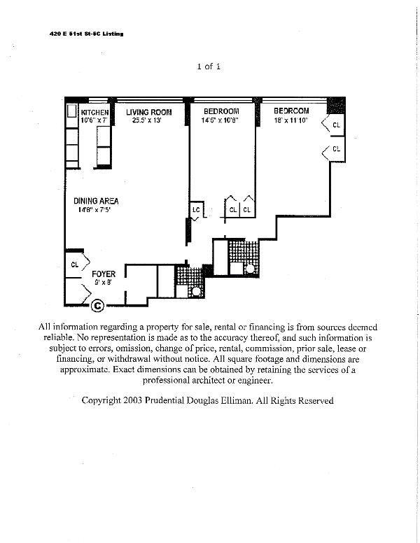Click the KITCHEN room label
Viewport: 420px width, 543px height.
[94, 112]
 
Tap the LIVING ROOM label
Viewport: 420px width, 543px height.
[148, 112]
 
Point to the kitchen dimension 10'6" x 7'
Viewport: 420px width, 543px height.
[94, 120]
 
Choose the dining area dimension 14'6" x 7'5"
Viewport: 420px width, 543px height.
[95, 209]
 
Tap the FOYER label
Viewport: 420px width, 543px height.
[104, 274]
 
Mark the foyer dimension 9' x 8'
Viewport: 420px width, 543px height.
[103, 282]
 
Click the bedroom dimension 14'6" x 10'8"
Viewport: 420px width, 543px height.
[220, 120]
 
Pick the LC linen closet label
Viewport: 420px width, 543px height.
[197, 209]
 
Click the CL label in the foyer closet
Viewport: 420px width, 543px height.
[75, 265]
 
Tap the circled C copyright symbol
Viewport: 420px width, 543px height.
[98, 305]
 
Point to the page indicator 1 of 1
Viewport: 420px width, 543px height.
[209, 66]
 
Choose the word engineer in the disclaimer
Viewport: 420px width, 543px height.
[252, 381]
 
